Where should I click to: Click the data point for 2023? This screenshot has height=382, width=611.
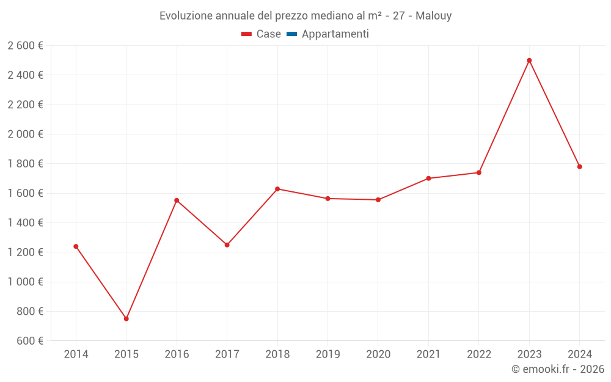click(x=529, y=61)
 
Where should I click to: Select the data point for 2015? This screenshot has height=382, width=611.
click(x=126, y=318)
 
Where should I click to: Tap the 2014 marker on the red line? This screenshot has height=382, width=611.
click(x=76, y=246)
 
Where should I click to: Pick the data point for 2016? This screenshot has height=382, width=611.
click(x=177, y=200)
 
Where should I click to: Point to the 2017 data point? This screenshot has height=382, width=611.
click(x=227, y=245)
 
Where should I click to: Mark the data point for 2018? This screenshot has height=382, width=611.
click(x=277, y=189)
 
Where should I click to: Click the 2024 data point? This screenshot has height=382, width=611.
click(x=579, y=167)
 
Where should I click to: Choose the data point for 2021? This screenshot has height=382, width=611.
click(x=428, y=178)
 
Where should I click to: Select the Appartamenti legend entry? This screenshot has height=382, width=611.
click(x=335, y=34)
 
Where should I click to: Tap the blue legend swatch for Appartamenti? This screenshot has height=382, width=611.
click(x=291, y=34)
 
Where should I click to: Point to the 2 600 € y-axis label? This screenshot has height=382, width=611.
click(x=25, y=46)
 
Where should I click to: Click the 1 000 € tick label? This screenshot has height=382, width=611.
click(x=25, y=282)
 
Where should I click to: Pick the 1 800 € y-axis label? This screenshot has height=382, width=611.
click(x=25, y=164)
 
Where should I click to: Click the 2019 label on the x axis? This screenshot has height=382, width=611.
click(x=327, y=354)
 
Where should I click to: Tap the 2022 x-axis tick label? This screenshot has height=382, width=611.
click(x=478, y=354)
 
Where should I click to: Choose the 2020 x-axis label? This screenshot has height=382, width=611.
click(x=378, y=354)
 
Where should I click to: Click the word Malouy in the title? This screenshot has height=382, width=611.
click(x=433, y=16)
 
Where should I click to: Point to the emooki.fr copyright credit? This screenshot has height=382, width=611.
click(x=558, y=369)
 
